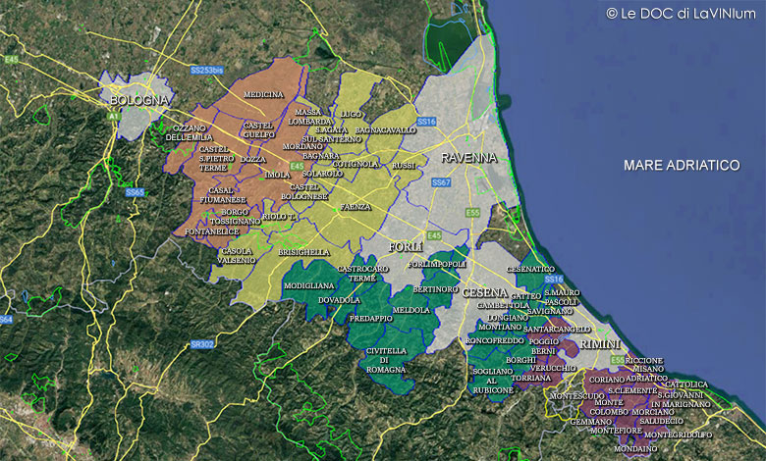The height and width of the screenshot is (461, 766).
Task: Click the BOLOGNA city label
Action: click(138, 100)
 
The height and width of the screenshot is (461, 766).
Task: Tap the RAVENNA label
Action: click(468, 157)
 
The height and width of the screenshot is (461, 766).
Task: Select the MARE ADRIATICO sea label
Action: click(682, 166)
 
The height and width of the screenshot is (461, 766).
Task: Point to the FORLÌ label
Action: click(406, 245)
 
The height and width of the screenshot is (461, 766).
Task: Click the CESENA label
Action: click(484, 293)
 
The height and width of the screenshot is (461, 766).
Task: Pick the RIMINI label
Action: click(600, 345)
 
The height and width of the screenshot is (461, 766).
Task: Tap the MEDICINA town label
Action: click(263, 94)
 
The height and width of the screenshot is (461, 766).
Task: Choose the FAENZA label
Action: click(356, 207)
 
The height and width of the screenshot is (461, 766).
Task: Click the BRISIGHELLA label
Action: click(303, 252)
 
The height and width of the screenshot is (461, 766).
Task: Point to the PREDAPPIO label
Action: click(371, 318)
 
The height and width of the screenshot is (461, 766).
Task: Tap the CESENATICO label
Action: click(530, 268)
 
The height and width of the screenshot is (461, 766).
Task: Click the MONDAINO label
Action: click(634, 448)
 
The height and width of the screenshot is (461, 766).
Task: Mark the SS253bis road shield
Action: click(207, 71)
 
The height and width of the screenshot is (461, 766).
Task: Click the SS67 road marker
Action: click(441, 182)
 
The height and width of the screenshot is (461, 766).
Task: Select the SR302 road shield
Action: click(202, 344)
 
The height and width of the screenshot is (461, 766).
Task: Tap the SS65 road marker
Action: click(135, 192)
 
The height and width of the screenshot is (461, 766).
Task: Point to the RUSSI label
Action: click(404, 166)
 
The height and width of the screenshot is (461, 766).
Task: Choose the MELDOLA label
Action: click(411, 310)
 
